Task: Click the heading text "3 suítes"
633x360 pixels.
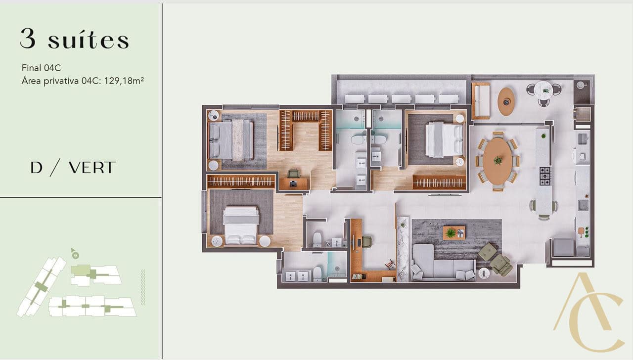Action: click(74, 39)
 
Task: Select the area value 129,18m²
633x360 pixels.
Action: click(124, 81)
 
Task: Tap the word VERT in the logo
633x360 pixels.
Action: click(92, 168)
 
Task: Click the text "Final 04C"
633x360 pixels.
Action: click(41, 68)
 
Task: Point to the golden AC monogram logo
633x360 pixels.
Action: click(589, 312)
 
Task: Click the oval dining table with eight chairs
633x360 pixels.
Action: click(497, 161)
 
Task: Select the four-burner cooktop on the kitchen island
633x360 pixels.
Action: click(545, 176)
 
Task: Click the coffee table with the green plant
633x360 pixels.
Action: click(454, 233)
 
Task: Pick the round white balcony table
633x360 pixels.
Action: click(543, 90)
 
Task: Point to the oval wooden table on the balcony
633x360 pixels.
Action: click(506, 101)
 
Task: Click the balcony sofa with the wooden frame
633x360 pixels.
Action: click(481, 101)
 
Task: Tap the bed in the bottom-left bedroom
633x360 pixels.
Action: click(241, 225)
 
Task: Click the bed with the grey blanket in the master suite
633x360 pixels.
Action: click(231, 140)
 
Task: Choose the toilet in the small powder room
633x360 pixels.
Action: click(317, 239)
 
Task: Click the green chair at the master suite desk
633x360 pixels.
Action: click(294, 174)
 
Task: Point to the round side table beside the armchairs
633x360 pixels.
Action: click(484, 273)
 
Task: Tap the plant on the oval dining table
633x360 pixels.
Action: click(497, 161)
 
